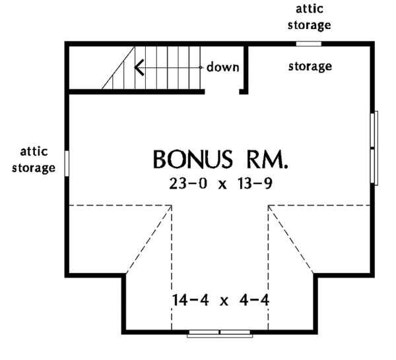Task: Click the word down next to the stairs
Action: pos(223,67)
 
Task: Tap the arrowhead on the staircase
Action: pos(139,67)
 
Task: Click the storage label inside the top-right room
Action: pos(310,67)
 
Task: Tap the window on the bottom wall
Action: pos(220,332)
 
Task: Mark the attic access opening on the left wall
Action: pos(67,161)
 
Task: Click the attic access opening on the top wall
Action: pos(308,44)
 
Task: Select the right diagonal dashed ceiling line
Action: pos(292,238)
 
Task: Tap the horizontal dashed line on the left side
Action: pos(119,204)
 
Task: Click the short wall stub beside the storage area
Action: pos(247,69)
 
